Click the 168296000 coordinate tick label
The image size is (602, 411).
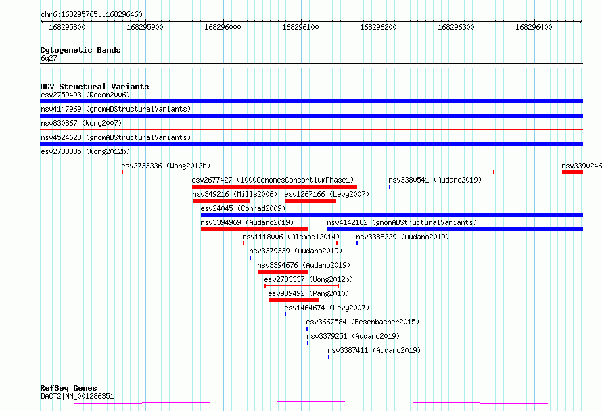pos(223,27)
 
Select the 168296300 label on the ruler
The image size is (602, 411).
pos(456,27)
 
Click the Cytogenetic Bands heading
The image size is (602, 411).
pos(80,50)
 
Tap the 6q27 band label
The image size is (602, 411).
pos(49,58)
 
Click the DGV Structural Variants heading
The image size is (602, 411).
pos(95,87)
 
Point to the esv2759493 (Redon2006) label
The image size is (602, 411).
pos(85,95)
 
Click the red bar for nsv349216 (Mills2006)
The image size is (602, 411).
pos(222,201)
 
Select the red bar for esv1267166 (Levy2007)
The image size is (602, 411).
pos(310,201)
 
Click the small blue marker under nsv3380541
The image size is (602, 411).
pos(390,187)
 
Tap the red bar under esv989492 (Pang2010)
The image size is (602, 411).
pos(294,300)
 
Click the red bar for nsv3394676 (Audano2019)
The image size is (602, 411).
pos(283,272)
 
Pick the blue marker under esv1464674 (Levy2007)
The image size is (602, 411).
pos(285,314)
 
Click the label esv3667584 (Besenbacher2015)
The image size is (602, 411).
pos(363,322)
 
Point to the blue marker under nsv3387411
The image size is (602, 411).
pos(329,357)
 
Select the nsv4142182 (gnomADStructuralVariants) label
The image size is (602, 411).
pos(402,222)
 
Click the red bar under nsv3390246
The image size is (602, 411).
pos(572,172)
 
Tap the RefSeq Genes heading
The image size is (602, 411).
pos(69,388)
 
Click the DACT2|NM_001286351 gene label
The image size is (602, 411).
pos(77,396)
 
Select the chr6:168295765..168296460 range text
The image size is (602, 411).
pos(91,15)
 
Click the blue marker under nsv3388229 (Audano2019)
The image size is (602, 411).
pos(357,243)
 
